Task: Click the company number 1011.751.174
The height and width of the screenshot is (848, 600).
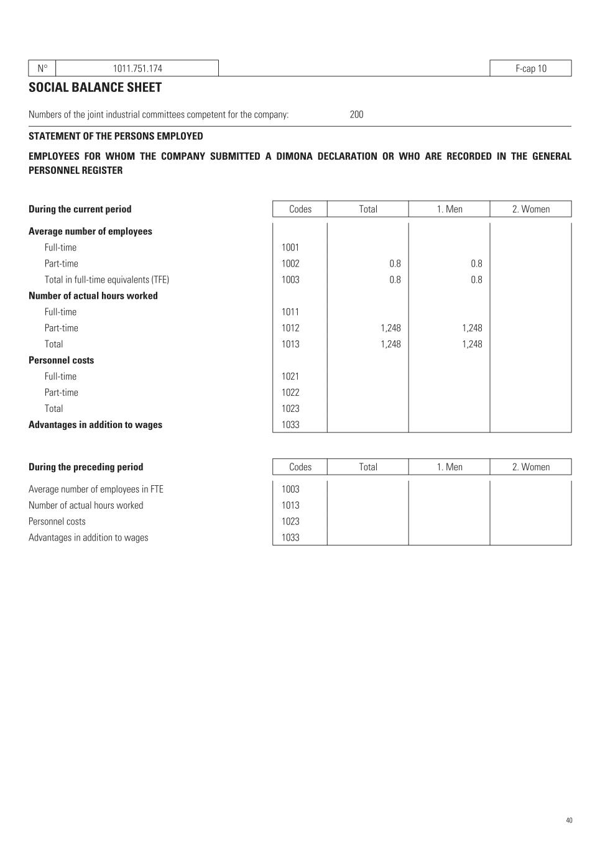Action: tap(137, 68)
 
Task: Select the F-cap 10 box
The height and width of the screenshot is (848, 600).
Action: tap(530, 68)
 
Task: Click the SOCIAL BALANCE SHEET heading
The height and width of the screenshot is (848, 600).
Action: tap(95, 88)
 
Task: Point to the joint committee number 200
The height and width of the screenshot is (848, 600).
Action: tap(356, 114)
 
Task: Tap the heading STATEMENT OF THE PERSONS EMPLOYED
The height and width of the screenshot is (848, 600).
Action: tap(116, 136)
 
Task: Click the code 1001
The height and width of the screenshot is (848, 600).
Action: tap(290, 247)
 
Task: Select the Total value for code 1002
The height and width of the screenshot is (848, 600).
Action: tap(395, 263)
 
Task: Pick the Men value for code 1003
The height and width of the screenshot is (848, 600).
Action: tap(476, 280)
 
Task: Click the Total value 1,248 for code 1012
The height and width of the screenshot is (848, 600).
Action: tap(390, 328)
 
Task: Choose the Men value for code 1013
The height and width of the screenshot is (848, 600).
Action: tap(472, 344)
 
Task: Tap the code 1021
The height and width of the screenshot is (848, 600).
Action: tap(290, 376)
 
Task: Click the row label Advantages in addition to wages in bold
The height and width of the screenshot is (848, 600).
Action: tap(95, 425)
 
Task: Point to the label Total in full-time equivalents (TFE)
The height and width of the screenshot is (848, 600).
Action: tap(106, 280)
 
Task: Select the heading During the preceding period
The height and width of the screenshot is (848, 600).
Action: tap(86, 467)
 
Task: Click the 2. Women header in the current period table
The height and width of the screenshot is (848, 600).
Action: tap(530, 209)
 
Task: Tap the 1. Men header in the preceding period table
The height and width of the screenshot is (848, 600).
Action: tap(449, 467)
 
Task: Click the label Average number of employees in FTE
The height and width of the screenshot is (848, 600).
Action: tap(96, 490)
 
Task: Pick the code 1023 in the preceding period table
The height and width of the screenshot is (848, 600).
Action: tap(290, 522)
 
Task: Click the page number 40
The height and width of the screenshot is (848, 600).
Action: tap(569, 821)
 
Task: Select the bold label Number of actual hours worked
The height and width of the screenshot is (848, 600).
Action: tap(93, 296)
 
